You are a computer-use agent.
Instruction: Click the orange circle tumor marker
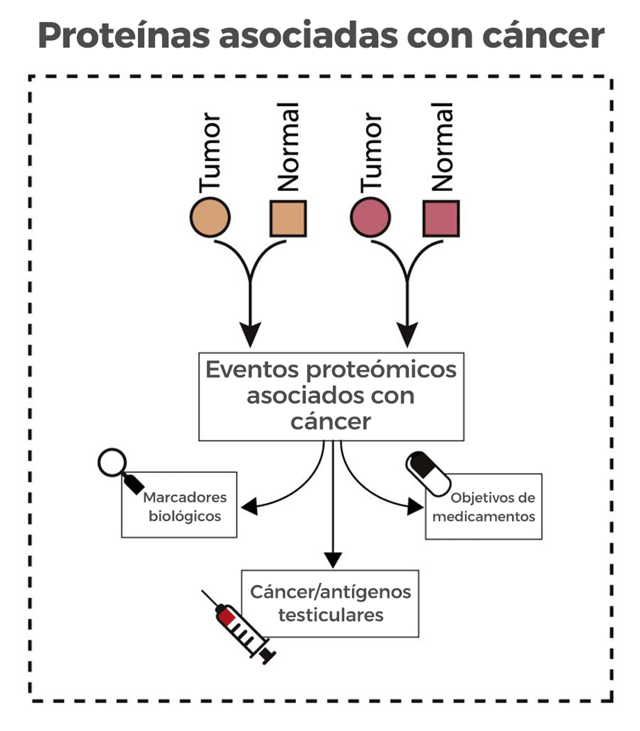coord(210,217)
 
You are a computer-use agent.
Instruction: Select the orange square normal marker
coord(288,218)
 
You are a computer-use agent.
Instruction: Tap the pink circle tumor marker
coord(370,217)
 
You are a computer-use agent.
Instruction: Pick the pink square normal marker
coord(441,218)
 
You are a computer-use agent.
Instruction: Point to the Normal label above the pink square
coord(442,147)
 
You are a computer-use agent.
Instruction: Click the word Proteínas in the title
coord(123,36)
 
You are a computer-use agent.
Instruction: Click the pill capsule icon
coord(428,473)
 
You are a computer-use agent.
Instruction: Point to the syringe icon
coord(239,626)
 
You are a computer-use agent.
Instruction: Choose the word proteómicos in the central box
coord(382,370)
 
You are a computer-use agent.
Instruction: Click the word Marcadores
coord(185,497)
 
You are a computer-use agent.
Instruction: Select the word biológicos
coord(185,516)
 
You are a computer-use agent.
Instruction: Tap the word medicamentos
coord(483,517)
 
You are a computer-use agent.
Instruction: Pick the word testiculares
coord(330,615)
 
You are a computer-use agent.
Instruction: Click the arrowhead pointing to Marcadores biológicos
coord(249,507)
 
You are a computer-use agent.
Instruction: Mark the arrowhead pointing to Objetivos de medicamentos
coord(415,506)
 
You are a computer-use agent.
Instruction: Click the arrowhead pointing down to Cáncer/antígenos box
coord(333,560)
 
